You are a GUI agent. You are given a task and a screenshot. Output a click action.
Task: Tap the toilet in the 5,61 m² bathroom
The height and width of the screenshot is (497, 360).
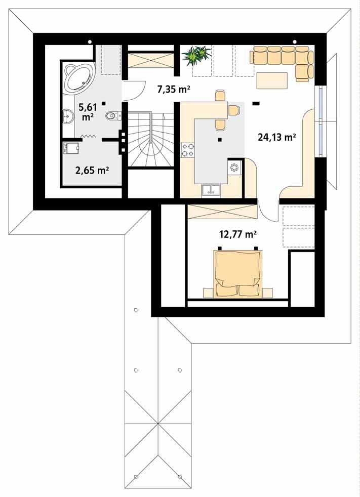(112, 116)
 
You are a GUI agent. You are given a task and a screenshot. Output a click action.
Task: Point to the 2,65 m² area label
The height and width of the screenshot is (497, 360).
(92, 170)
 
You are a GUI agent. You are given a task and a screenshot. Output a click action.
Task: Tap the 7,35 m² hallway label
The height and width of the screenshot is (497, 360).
(174, 90)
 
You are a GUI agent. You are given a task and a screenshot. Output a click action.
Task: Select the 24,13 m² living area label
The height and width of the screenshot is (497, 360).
(276, 137)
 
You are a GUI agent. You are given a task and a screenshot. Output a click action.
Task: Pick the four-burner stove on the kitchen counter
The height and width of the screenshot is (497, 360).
(188, 149)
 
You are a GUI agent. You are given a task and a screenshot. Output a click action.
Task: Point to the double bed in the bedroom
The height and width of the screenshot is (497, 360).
(237, 273)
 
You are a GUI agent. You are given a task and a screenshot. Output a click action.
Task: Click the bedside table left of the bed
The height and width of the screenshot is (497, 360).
(208, 292)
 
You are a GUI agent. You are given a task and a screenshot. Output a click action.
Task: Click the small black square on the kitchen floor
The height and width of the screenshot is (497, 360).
(219, 139)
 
